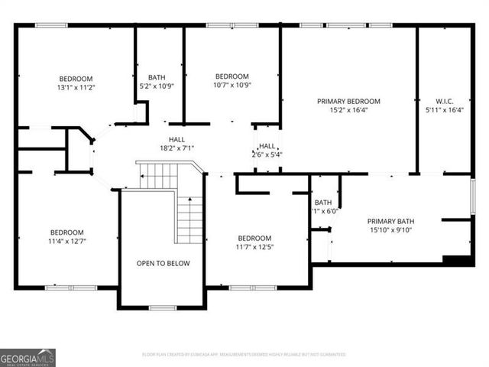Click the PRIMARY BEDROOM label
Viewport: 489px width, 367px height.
click(x=348, y=101)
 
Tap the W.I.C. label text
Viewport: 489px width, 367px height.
click(x=444, y=101)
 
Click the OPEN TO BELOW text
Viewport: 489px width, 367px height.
click(x=163, y=263)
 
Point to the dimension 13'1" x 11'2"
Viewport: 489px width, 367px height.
click(x=76, y=88)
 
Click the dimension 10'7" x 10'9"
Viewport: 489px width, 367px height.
click(x=232, y=85)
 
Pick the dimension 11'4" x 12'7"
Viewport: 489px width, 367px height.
click(x=68, y=242)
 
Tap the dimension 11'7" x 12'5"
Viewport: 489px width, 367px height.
click(x=254, y=247)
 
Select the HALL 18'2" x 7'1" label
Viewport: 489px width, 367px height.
click(x=176, y=144)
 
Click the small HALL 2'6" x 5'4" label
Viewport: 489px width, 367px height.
click(x=267, y=150)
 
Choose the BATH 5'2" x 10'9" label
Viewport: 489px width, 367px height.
click(x=157, y=81)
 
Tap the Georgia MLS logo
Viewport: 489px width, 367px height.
click(x=28, y=358)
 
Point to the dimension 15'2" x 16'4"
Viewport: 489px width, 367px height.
click(x=348, y=109)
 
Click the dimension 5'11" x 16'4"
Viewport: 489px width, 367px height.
click(x=444, y=109)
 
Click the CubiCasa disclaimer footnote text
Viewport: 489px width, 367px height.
click(x=244, y=355)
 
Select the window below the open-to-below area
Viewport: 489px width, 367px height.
click(x=163, y=308)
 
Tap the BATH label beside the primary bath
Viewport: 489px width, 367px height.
click(x=322, y=203)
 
